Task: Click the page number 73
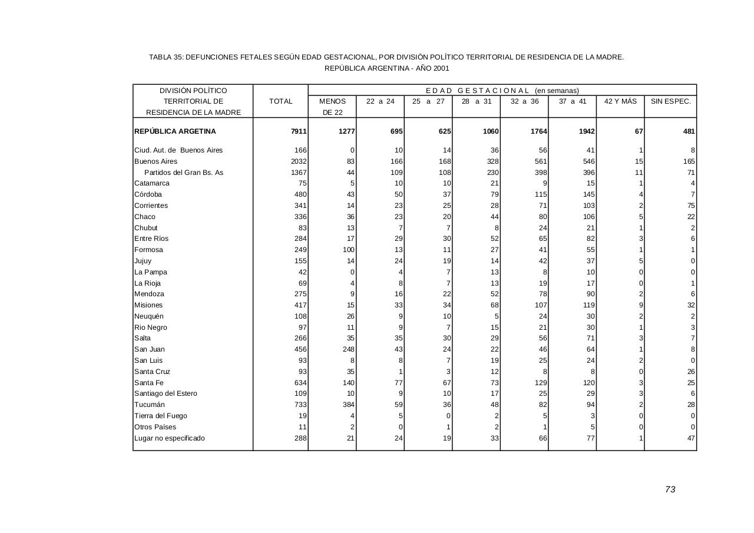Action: [x=670, y=489]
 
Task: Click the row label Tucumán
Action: [x=150, y=405]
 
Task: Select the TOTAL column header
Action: [x=280, y=101]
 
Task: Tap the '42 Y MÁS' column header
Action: [x=620, y=101]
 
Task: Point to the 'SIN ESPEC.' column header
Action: [x=670, y=101]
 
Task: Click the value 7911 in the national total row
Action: [x=299, y=131]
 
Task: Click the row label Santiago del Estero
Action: [x=166, y=393]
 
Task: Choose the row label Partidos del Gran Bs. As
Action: [x=184, y=173]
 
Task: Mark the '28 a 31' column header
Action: [x=476, y=101]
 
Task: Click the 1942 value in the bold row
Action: [x=586, y=131]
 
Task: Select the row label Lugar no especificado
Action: [x=170, y=438]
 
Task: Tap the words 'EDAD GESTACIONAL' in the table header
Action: [x=478, y=91]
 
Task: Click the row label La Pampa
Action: [x=151, y=272]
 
